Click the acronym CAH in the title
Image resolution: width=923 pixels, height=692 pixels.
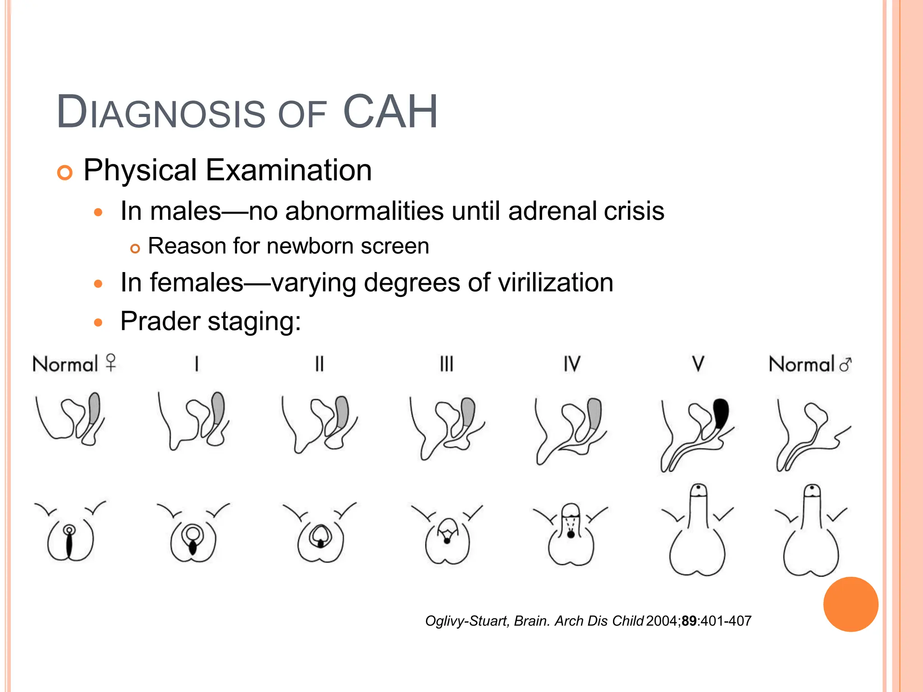tap(390, 111)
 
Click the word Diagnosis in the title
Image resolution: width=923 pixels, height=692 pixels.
tap(161, 112)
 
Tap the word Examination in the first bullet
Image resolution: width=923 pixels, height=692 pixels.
tap(288, 170)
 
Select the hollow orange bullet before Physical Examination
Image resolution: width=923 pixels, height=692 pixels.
tap(65, 173)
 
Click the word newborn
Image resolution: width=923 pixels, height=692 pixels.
tap(311, 246)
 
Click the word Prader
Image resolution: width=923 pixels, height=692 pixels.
tap(160, 321)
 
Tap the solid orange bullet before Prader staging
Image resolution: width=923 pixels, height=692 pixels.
tap(98, 323)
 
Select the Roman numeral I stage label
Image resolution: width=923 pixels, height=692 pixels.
tap(196, 364)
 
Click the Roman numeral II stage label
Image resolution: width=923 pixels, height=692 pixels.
tap(319, 364)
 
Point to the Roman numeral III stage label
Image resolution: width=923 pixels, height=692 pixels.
tap(446, 364)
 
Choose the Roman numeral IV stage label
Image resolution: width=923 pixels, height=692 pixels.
tap(572, 364)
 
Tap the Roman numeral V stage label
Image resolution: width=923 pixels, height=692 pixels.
tap(698, 364)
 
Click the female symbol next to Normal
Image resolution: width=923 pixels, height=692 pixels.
tap(111, 362)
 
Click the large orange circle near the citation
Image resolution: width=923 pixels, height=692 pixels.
tap(850, 604)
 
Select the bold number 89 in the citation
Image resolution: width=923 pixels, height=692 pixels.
tap(689, 621)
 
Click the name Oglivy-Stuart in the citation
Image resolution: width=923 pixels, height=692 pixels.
tap(467, 621)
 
